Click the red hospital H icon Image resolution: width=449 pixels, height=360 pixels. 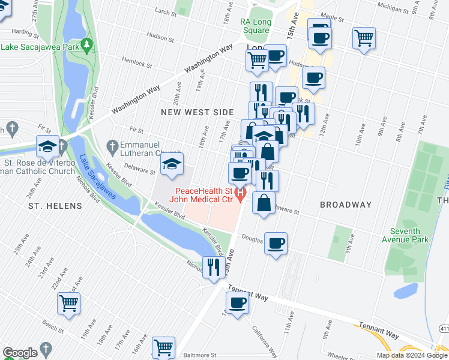point(241,193)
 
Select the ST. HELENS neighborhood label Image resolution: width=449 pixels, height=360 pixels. point(55,206)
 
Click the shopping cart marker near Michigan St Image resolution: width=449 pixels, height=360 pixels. point(364,38)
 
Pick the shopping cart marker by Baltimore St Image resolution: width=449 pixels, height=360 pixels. point(163,347)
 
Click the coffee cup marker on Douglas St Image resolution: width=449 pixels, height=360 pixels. point(276,244)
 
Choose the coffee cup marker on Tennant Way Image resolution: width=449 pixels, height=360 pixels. point(237,303)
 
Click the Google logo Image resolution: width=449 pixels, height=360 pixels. point(19,353)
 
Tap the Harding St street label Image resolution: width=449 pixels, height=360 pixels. point(25,31)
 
